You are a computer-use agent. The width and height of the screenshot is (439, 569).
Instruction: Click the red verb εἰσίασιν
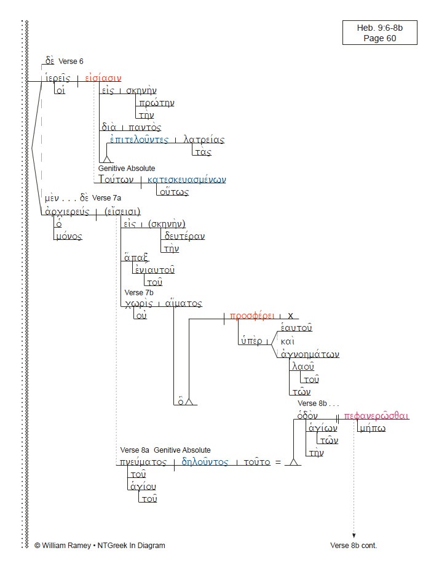click(x=103, y=78)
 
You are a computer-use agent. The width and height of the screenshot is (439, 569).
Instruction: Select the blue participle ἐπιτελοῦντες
click(x=140, y=140)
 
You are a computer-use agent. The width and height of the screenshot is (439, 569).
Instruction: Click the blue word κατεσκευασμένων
click(x=187, y=180)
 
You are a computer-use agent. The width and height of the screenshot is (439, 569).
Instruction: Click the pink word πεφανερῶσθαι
click(x=376, y=416)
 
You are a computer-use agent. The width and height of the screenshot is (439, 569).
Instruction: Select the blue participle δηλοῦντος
click(x=205, y=462)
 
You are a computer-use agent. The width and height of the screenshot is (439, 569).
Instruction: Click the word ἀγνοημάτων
click(x=310, y=354)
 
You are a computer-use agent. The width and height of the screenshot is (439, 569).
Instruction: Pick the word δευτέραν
click(x=184, y=236)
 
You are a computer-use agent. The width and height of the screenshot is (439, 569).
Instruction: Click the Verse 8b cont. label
click(x=354, y=545)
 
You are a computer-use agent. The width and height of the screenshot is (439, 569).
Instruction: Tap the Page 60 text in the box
click(x=379, y=38)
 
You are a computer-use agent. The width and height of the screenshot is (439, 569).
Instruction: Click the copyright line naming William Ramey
click(x=100, y=545)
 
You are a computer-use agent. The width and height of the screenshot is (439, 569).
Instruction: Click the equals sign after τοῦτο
click(x=277, y=463)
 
